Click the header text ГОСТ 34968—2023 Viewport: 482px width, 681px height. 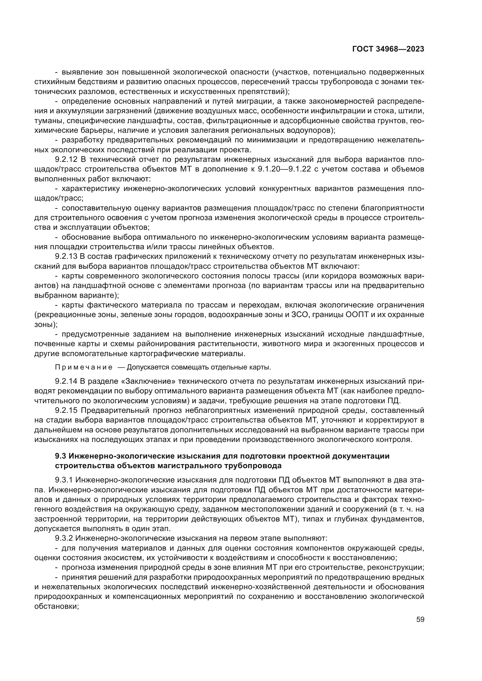coord(388,49)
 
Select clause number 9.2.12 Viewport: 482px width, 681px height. coord(66,160)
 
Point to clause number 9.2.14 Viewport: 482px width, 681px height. coord(66,382)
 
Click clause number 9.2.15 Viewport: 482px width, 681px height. coord(66,411)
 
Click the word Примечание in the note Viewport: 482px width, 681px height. coord(84,368)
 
